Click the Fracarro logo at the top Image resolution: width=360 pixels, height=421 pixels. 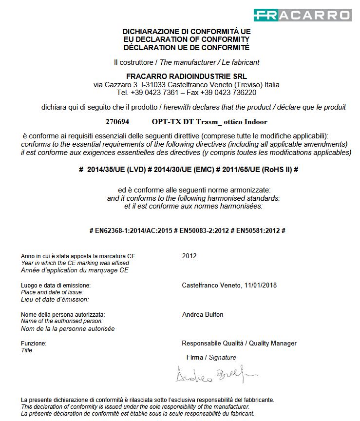click(x=302, y=15)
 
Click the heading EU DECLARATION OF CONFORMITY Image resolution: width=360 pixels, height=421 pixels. click(x=186, y=39)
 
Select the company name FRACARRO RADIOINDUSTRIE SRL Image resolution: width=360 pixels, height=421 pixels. click(x=186, y=76)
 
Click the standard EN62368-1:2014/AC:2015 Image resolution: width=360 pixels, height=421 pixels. click(x=134, y=230)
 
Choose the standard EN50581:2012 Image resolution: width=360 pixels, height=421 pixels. click(x=258, y=230)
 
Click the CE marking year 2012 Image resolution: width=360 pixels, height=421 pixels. click(x=189, y=256)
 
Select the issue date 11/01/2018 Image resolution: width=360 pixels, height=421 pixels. click(x=261, y=285)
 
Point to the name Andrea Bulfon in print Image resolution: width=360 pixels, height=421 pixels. click(x=203, y=314)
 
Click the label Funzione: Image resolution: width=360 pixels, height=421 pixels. click(x=34, y=344)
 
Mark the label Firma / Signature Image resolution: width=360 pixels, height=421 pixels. click(x=211, y=358)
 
